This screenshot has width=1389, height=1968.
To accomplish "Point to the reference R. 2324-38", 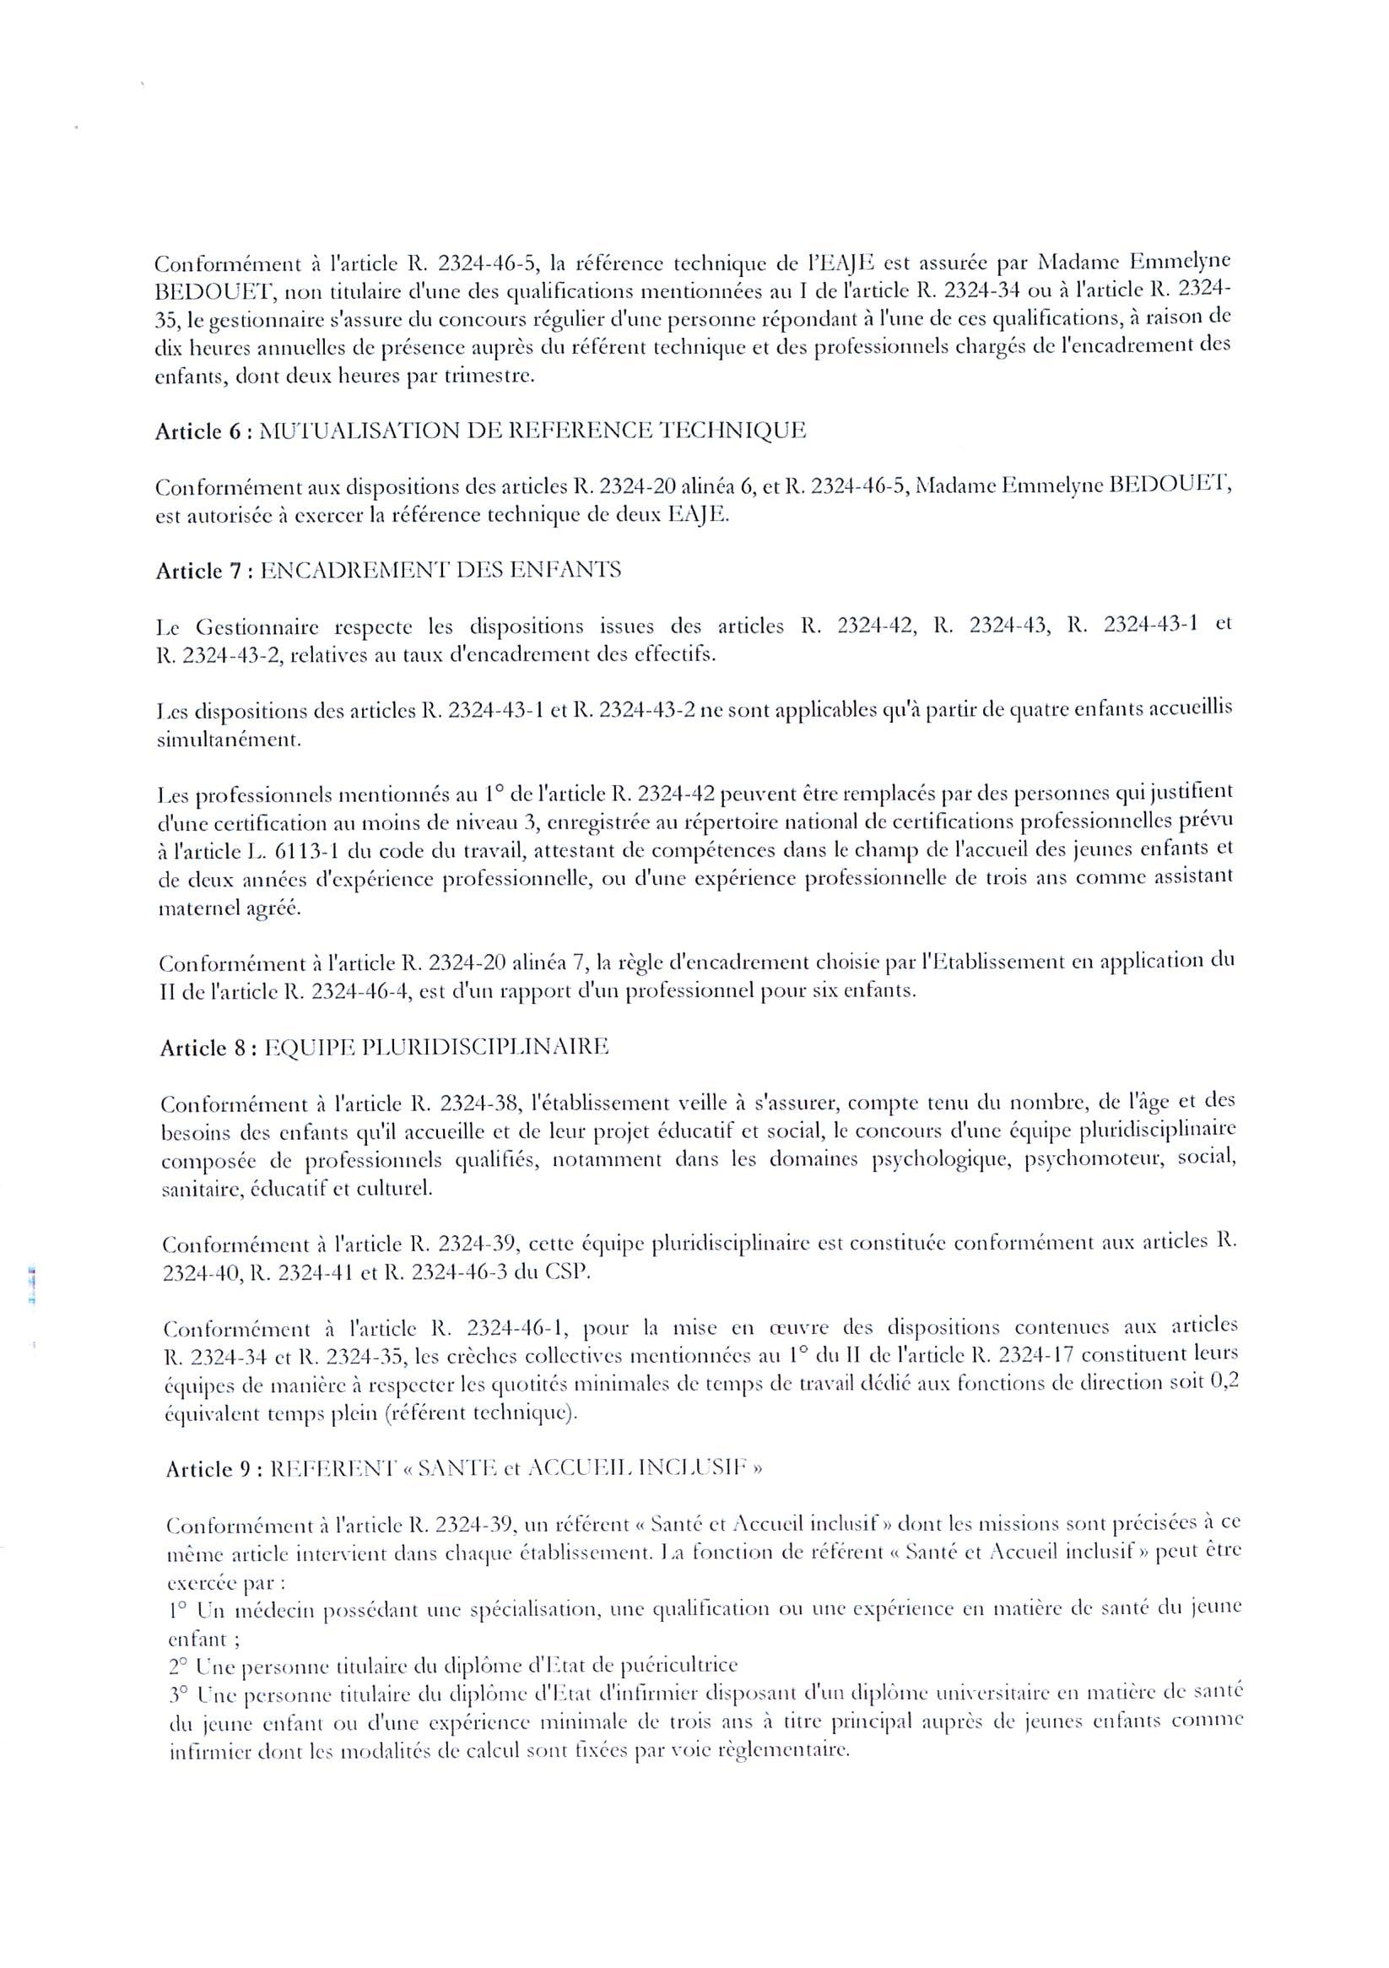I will pos(465,1105).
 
